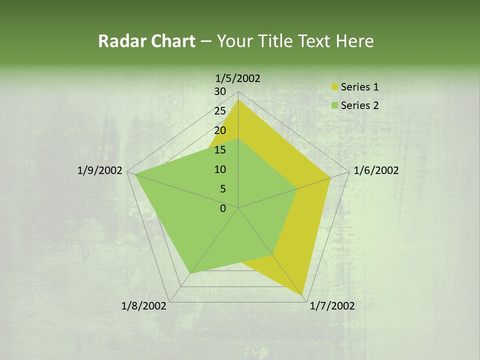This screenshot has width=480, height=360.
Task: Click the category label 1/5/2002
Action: pyautogui.click(x=237, y=78)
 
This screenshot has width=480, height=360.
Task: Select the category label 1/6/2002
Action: pyautogui.click(x=376, y=170)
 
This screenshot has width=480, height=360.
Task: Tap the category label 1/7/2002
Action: pyautogui.click(x=332, y=306)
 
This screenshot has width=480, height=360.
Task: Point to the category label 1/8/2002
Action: pyautogui.click(x=144, y=306)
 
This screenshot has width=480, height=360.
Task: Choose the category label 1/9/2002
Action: pyautogui.click(x=100, y=170)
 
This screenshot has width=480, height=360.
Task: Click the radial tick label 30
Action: pyautogui.click(x=220, y=91)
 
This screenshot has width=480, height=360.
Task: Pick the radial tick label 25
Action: pyautogui.click(x=220, y=111)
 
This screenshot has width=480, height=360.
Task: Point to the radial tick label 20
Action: pyautogui.click(x=220, y=130)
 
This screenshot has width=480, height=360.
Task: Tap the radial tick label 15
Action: pyautogui.click(x=220, y=150)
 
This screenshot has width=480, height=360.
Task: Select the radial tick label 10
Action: pyautogui.click(x=220, y=169)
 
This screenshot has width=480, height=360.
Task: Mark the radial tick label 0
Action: pyautogui.click(x=223, y=208)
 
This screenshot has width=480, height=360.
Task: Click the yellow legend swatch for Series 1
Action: pyautogui.click(x=334, y=87)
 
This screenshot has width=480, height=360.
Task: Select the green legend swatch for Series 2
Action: pyautogui.click(x=334, y=105)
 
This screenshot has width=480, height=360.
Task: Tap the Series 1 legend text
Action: pyautogui.click(x=359, y=87)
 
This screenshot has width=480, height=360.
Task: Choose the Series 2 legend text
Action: pyautogui.click(x=359, y=105)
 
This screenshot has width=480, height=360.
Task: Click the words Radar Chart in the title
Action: pyautogui.click(x=146, y=41)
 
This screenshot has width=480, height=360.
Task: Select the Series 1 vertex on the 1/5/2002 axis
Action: pyautogui.click(x=238, y=100)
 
